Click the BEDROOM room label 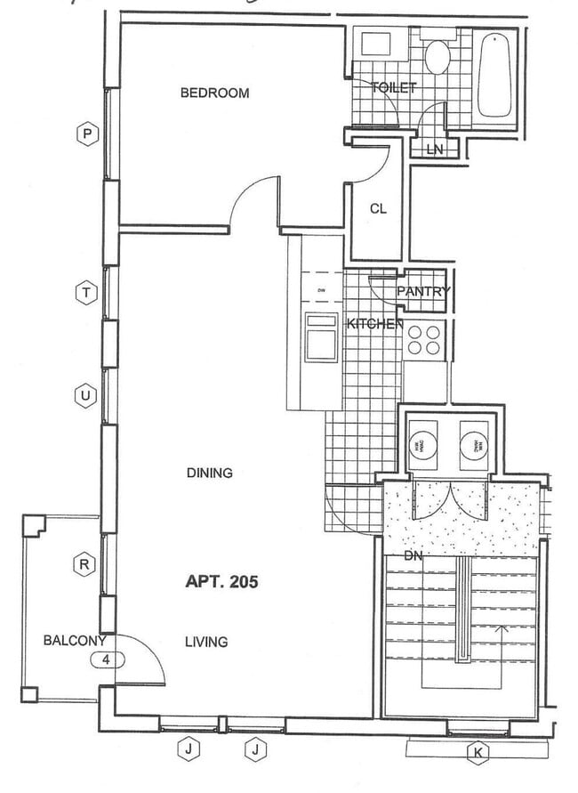tap(214, 93)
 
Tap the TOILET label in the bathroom tap(393, 88)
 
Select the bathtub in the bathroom tap(494, 75)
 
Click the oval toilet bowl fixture tap(437, 58)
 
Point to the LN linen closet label tap(434, 150)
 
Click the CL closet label tap(378, 208)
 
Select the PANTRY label tap(423, 291)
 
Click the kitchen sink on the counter tap(321, 338)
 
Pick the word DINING tap(210, 473)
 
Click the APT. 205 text tap(221, 582)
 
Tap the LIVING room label tap(206, 641)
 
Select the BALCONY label tap(75, 640)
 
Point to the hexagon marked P tap(86, 134)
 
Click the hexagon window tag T tap(86, 292)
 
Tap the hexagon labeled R tap(84, 563)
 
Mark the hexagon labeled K tap(478, 753)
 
